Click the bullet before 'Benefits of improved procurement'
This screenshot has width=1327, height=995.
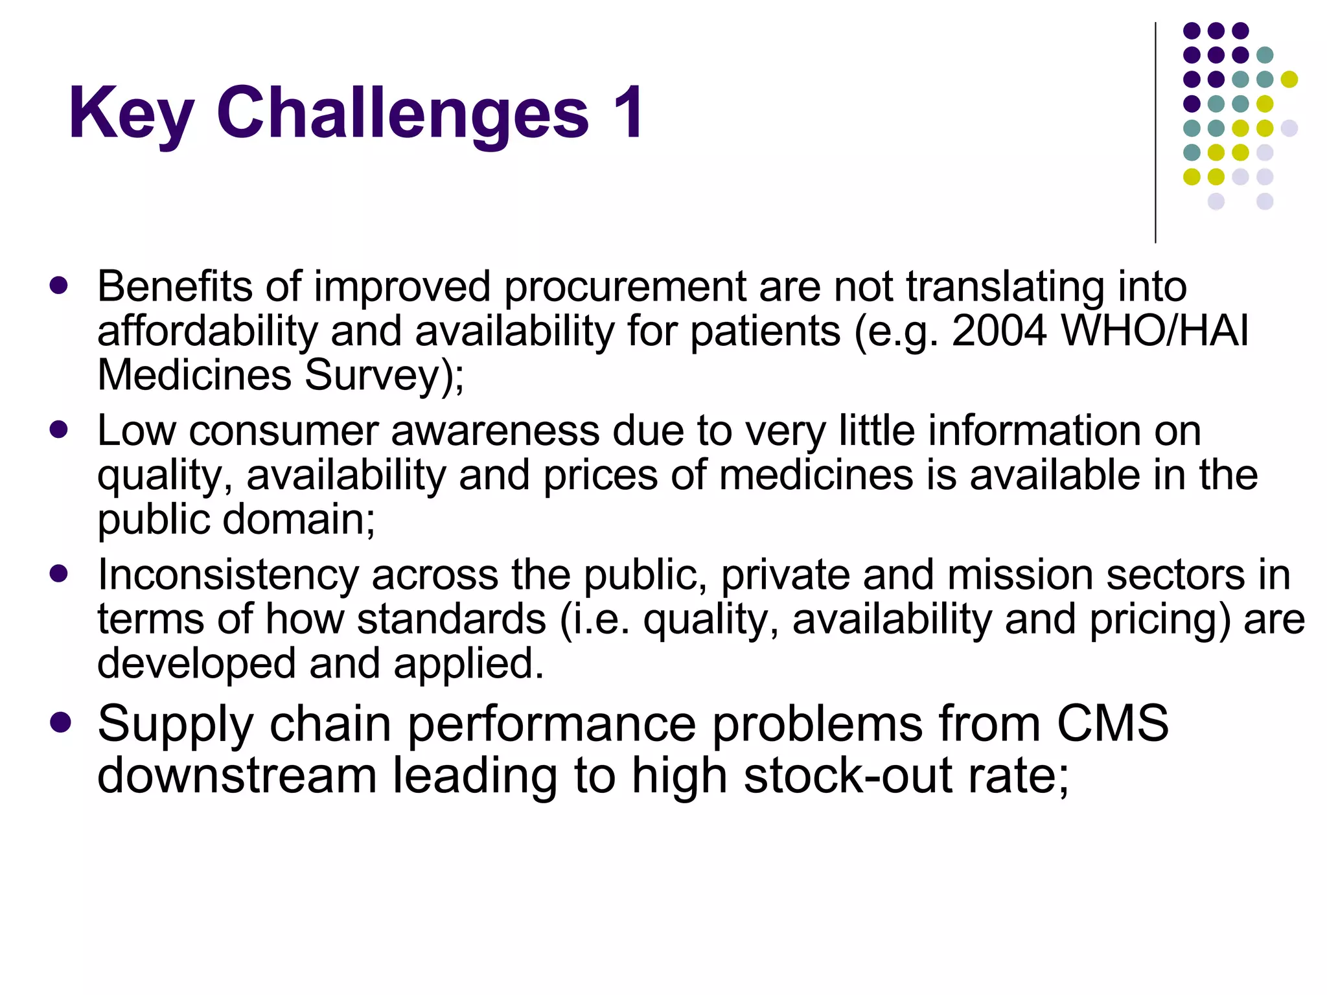tap(59, 286)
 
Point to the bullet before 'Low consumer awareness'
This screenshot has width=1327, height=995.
tap(59, 429)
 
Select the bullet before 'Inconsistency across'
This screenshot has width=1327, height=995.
tap(59, 573)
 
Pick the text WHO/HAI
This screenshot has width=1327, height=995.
tap(1154, 331)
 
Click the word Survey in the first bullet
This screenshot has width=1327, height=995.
tap(373, 376)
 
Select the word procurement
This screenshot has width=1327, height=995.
tap(625, 287)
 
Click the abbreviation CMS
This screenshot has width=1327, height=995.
tap(1113, 724)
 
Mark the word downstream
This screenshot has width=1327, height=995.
tap(237, 776)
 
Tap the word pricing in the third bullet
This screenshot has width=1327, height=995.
tap(1159, 620)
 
